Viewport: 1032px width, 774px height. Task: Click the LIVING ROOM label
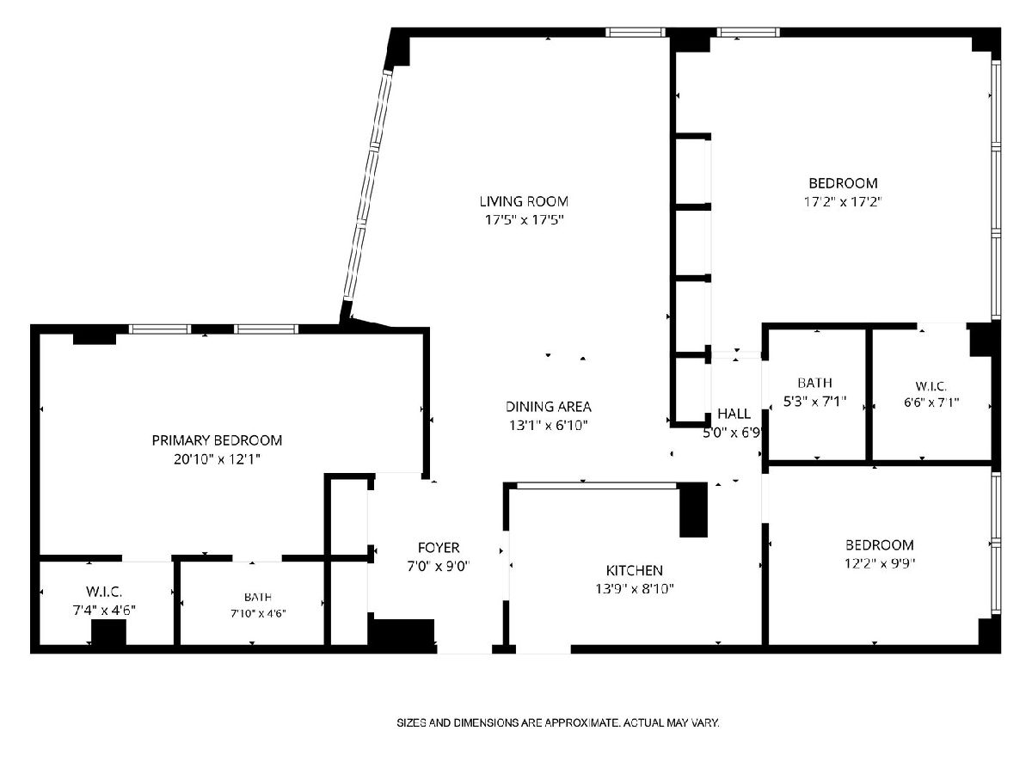[x=524, y=201]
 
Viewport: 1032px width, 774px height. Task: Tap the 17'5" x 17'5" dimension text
[x=525, y=220]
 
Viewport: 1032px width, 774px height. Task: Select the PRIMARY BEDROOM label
[x=217, y=440]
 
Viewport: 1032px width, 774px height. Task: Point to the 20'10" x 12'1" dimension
[x=217, y=459]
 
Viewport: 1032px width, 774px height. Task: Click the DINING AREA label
[x=548, y=407]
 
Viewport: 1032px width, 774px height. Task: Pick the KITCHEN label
[x=634, y=570]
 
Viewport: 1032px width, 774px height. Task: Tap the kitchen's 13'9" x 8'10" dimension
[x=635, y=589]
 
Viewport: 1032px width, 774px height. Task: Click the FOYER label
[x=439, y=548]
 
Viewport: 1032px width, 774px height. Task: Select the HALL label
[x=734, y=414]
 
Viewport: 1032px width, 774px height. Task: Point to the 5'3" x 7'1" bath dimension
[x=814, y=402]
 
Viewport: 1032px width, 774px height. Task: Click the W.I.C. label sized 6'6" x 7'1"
[x=931, y=386]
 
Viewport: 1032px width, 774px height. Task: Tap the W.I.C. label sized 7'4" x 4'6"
[x=104, y=591]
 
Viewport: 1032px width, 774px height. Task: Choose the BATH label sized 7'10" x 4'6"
[x=258, y=597]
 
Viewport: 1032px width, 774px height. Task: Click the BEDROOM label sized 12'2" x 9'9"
[x=880, y=545]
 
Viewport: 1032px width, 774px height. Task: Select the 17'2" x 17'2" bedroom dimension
[x=843, y=202]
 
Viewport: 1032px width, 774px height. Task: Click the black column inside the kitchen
[x=693, y=510]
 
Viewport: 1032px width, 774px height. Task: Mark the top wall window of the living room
[x=636, y=33]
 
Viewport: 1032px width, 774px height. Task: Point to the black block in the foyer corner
[x=401, y=632]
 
